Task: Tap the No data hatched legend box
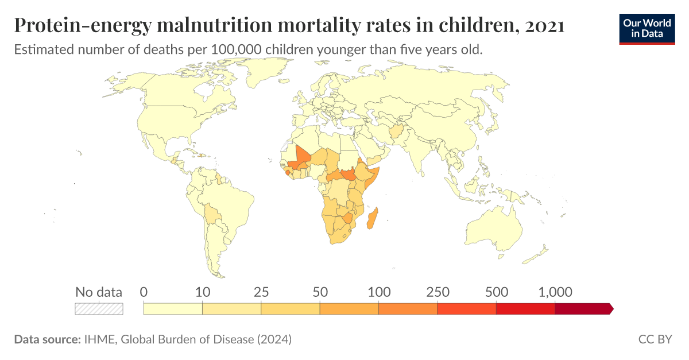(99, 308)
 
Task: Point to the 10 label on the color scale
(202, 292)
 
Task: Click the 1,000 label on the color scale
(555, 292)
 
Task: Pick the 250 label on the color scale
(437, 292)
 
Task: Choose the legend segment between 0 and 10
(173, 308)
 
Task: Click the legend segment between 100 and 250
(408, 308)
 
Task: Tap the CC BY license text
(655, 339)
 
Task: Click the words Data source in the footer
(47, 339)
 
